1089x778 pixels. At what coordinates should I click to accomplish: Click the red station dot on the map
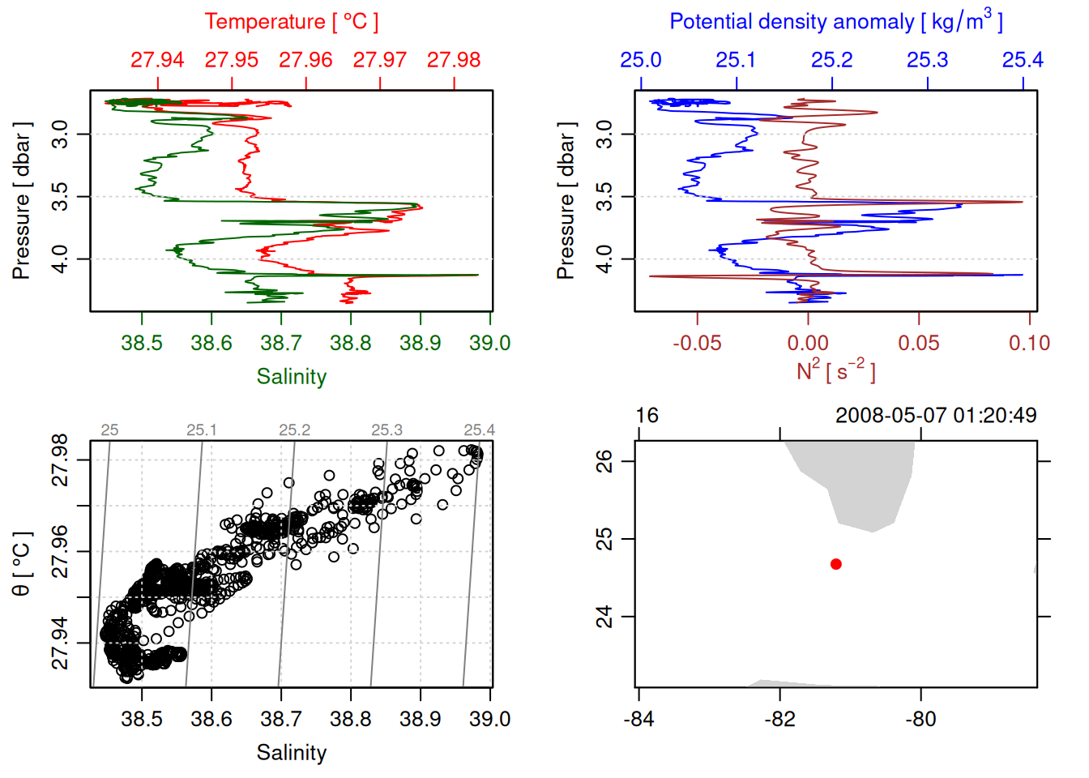click(835, 564)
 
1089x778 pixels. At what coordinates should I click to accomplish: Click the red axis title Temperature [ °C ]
click(291, 22)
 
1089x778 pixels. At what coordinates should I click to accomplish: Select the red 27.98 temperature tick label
click(454, 60)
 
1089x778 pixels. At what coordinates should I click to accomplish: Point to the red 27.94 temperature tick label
click(157, 60)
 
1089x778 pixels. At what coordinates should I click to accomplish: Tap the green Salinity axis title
click(291, 377)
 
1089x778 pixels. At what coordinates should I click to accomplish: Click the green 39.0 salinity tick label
click(489, 343)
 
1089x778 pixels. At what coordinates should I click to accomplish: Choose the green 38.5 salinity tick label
click(142, 343)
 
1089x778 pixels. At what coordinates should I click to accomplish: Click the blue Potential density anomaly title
click(835, 22)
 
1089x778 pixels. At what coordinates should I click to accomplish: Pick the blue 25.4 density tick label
click(1023, 60)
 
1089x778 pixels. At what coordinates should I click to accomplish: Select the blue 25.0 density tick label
click(641, 60)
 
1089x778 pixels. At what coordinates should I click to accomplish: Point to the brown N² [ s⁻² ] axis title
click(835, 371)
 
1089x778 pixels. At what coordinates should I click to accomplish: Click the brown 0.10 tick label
click(1029, 343)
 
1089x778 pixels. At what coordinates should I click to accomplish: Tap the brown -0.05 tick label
click(697, 343)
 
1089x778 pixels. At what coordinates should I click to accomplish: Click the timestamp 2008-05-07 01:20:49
click(936, 416)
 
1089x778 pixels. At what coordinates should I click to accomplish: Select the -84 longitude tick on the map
click(638, 719)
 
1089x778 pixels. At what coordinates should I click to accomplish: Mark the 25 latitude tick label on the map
click(604, 539)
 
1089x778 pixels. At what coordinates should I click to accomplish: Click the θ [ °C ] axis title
click(22, 564)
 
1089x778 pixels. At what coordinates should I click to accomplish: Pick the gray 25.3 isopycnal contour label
click(386, 430)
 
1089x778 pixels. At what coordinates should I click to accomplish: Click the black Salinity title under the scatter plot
click(291, 753)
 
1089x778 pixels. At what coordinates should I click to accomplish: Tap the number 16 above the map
click(647, 416)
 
